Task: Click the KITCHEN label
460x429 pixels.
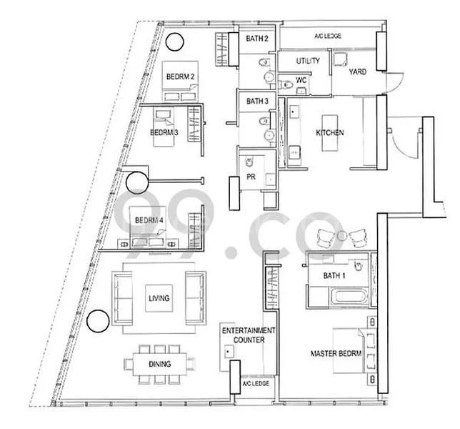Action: tap(330, 133)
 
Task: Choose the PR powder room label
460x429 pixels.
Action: tap(251, 176)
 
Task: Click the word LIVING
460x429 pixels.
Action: tap(159, 299)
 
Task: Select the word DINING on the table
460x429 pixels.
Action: tap(159, 364)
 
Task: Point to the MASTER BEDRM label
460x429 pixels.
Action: tap(336, 354)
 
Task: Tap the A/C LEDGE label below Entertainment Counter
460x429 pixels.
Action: tap(255, 384)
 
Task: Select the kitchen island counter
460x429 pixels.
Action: tap(330, 133)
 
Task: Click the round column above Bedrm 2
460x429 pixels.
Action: tap(174, 42)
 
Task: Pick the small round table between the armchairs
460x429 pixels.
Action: tap(343, 236)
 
